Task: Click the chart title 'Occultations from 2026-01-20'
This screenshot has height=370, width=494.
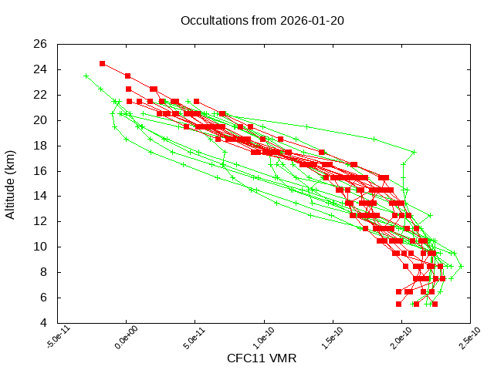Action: pyautogui.click(x=262, y=20)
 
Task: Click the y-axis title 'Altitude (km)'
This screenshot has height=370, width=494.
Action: pyautogui.click(x=11, y=183)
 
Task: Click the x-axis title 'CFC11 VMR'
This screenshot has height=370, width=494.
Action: pyautogui.click(x=262, y=358)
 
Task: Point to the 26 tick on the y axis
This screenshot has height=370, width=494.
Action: pyautogui.click(x=40, y=44)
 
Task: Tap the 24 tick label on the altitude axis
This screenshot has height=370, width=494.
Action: pyautogui.click(x=40, y=69)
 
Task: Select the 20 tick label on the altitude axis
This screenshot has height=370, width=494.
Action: pyautogui.click(x=40, y=120)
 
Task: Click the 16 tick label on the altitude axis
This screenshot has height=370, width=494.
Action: pyautogui.click(x=40, y=171)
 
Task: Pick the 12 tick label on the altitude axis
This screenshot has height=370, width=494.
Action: pyautogui.click(x=40, y=221)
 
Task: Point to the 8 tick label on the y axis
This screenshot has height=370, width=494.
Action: pyautogui.click(x=43, y=272)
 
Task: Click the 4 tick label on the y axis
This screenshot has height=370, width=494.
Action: pyautogui.click(x=43, y=323)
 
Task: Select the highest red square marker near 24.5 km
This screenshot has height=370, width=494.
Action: pyautogui.click(x=103, y=63)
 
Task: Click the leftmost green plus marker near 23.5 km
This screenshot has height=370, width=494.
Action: pyautogui.click(x=86, y=76)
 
